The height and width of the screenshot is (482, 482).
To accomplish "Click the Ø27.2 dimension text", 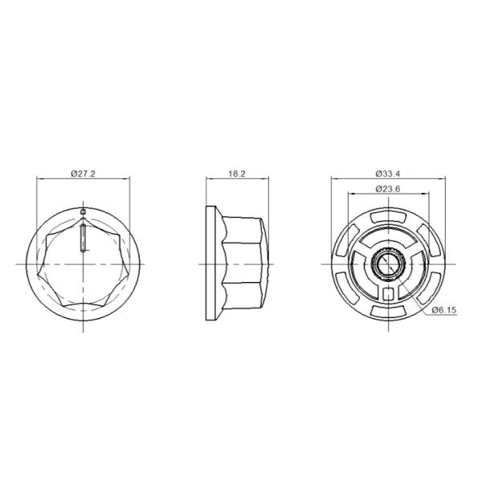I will (84, 174).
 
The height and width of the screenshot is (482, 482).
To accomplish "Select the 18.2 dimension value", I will (237, 174).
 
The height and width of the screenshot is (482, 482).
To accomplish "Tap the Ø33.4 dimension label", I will (389, 174).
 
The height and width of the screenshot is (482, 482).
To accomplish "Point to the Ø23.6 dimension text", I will (389, 189).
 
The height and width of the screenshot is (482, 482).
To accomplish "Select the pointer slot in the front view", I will (84, 239).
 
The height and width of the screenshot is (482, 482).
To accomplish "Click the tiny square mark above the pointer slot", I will (84, 212).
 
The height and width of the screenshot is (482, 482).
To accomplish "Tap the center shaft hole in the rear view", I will (390, 263).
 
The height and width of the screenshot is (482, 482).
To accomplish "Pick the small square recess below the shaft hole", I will (390, 292).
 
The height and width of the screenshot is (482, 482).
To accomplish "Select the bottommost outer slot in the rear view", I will (390, 311).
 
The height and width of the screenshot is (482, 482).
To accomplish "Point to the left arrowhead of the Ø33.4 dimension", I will (335, 179).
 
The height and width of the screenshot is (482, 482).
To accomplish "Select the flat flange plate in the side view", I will (212, 263).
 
